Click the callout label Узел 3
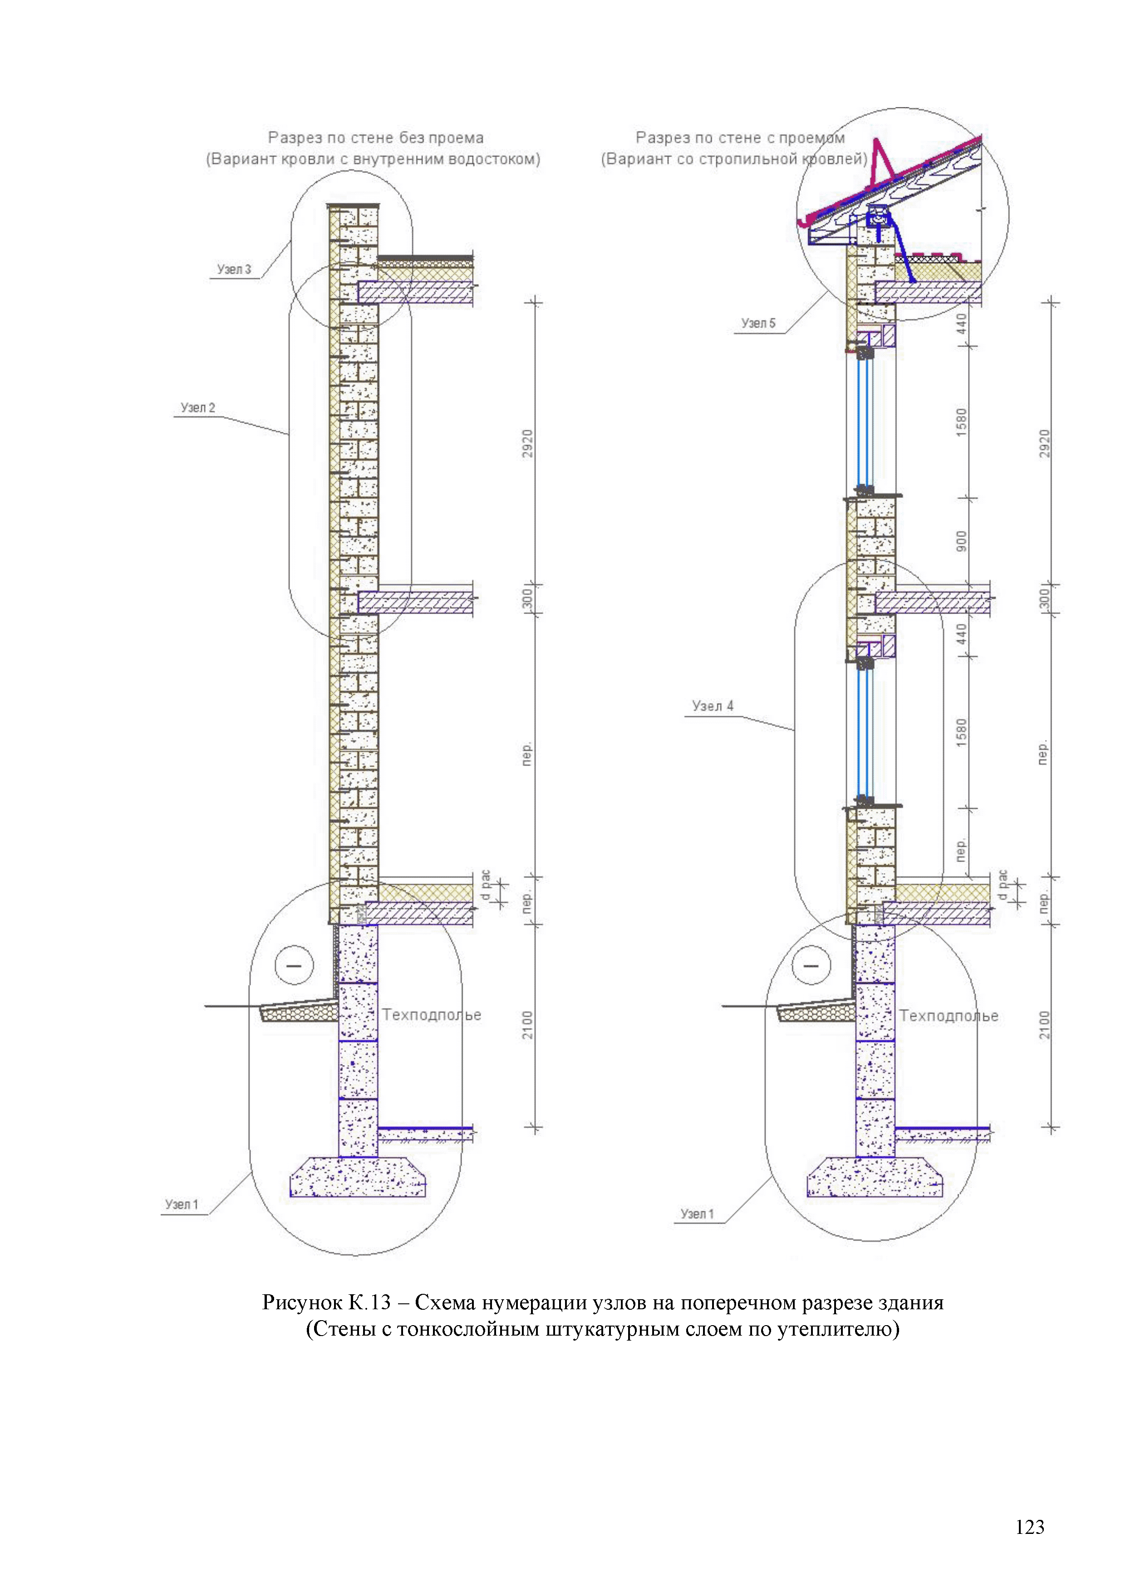click(234, 269)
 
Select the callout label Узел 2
click(197, 408)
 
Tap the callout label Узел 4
click(712, 706)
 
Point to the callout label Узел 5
click(758, 323)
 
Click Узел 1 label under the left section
click(182, 1204)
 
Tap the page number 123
click(1030, 1527)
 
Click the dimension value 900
click(961, 541)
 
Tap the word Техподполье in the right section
click(949, 1016)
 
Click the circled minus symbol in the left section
click(295, 965)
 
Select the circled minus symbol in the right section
click(811, 965)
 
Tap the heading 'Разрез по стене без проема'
click(376, 138)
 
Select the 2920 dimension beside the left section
click(528, 444)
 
